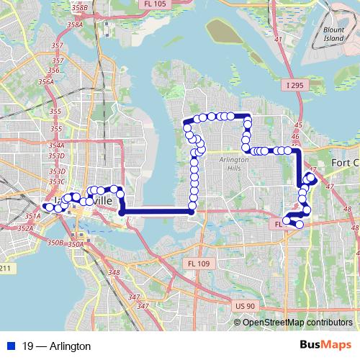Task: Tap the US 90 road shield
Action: pyautogui.click(x=245, y=306)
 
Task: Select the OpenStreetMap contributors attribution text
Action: pyautogui.click(x=297, y=322)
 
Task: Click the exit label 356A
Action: pyautogui.click(x=46, y=82)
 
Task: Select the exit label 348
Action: pyautogui.click(x=114, y=272)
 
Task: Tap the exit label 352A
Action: pyautogui.click(x=26, y=228)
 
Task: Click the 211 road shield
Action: pyautogui.click(x=6, y=269)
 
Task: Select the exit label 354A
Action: pyautogui.click(x=57, y=145)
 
